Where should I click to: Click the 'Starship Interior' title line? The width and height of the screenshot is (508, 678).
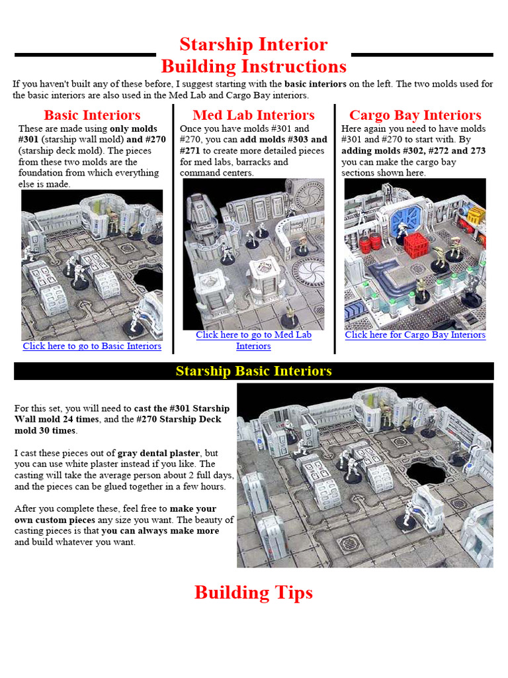253,44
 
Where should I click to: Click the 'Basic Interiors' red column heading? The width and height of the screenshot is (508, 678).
92,115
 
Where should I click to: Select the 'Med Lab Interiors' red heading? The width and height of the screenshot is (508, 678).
253,115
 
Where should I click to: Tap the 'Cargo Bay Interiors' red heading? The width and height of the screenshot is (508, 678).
415,115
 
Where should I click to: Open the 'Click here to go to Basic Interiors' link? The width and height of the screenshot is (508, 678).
92,346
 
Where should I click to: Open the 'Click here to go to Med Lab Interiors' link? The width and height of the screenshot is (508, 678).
253,335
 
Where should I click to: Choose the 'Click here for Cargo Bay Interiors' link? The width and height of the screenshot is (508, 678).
415,335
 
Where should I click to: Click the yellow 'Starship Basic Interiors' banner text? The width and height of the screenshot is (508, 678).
253,371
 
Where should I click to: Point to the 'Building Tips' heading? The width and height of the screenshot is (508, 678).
253,593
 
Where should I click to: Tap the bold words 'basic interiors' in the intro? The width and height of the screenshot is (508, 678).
316,84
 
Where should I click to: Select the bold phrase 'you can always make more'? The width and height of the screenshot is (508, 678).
160,531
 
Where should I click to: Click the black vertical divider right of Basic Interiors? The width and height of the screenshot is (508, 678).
173,228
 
